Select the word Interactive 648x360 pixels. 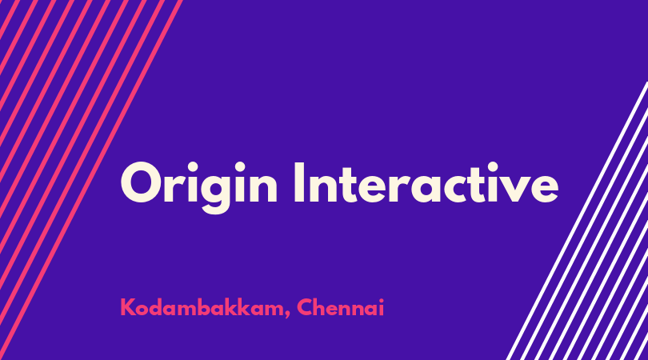click(x=426, y=182)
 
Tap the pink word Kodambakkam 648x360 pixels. click(x=202, y=308)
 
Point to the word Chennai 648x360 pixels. click(x=341, y=307)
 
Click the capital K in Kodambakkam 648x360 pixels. click(x=128, y=307)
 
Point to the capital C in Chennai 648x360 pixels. click(x=306, y=307)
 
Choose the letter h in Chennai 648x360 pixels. click(x=322, y=307)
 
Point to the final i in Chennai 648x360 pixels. click(x=382, y=307)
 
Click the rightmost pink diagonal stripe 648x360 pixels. click(x=91, y=180)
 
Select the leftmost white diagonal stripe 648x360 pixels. click(x=578, y=221)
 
